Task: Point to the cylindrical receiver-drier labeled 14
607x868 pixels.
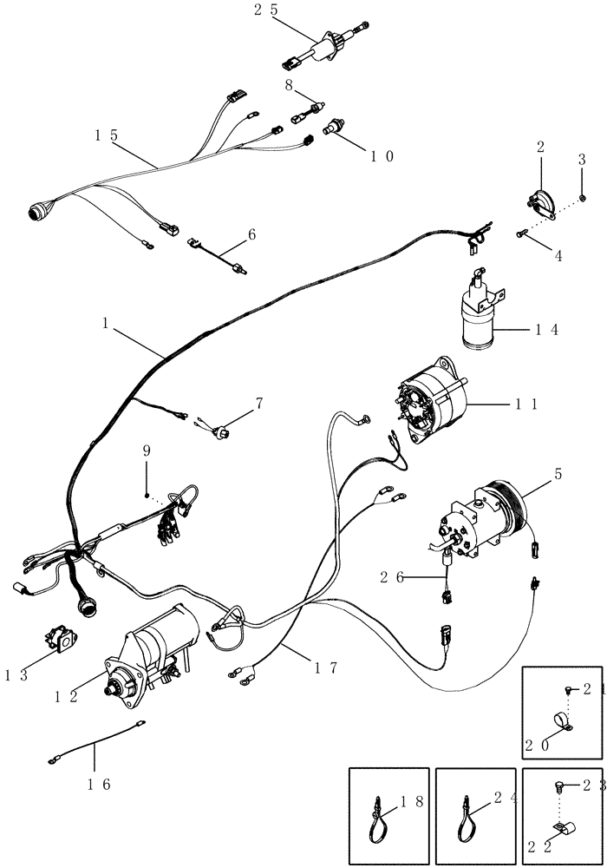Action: click(x=479, y=317)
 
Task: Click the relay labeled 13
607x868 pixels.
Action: click(x=62, y=642)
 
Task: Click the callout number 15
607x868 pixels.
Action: click(x=108, y=135)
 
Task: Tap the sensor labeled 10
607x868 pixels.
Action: click(x=333, y=129)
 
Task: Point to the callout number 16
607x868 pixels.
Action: click(x=100, y=785)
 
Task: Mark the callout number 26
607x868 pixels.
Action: click(x=393, y=575)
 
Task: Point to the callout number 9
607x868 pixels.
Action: click(x=147, y=450)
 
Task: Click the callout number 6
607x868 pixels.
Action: click(x=251, y=233)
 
